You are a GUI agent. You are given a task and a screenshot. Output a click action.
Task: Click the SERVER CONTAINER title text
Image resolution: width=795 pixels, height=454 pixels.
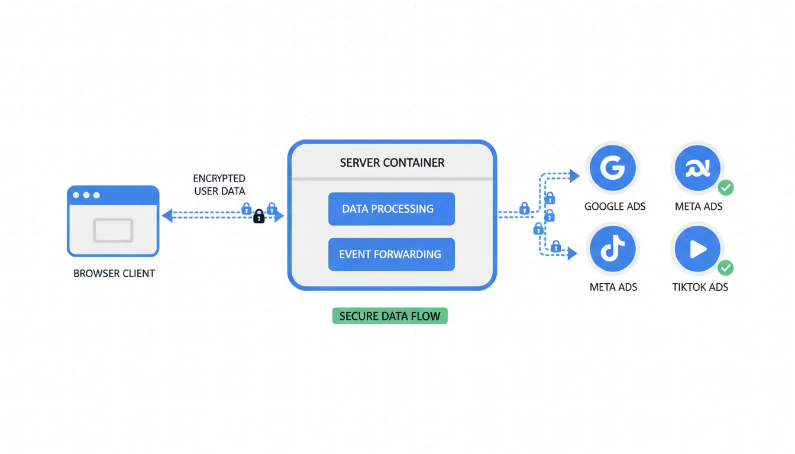click(x=392, y=163)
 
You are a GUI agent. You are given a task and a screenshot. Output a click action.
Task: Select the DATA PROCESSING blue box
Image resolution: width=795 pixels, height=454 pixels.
click(x=391, y=209)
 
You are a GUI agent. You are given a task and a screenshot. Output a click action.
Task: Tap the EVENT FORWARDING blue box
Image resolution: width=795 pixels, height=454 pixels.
click(x=391, y=254)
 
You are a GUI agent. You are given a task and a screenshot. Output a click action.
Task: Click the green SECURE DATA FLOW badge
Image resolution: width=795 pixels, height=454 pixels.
click(x=390, y=316)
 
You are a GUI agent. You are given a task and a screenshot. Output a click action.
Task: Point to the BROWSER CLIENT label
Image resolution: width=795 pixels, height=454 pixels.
click(x=114, y=274)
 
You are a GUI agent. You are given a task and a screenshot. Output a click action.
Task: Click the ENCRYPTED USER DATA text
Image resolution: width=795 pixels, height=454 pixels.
click(x=219, y=184)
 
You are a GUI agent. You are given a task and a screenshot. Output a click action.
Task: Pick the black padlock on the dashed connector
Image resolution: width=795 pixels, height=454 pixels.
click(x=258, y=217)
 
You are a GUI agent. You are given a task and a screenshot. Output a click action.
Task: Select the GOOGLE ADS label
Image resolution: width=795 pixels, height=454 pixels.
click(x=615, y=206)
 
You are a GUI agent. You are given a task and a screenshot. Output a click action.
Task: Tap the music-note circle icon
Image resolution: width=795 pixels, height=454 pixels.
click(x=612, y=249)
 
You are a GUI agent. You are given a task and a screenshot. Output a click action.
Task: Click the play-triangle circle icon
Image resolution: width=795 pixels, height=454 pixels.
click(x=697, y=249)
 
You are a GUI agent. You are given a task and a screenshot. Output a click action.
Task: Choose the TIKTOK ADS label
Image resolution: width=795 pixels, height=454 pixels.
click(x=700, y=287)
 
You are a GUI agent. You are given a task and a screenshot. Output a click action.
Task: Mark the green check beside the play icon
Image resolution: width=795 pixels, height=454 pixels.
click(x=726, y=268)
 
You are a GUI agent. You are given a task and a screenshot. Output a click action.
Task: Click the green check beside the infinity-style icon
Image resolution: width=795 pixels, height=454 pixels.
click(x=726, y=188)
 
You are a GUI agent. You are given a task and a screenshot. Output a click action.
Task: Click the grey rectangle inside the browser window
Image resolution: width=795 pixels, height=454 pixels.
click(x=113, y=231)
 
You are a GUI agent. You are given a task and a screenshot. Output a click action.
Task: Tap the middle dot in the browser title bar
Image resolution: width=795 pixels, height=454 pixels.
click(x=86, y=195)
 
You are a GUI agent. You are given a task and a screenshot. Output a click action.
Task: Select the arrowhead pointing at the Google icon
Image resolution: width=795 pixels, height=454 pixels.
click(x=574, y=175)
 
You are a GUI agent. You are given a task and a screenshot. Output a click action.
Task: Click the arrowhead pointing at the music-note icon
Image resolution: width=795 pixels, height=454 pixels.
click(x=572, y=254)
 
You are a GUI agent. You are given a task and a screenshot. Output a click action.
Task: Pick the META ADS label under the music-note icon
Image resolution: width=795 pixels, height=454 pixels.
click(x=613, y=287)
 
